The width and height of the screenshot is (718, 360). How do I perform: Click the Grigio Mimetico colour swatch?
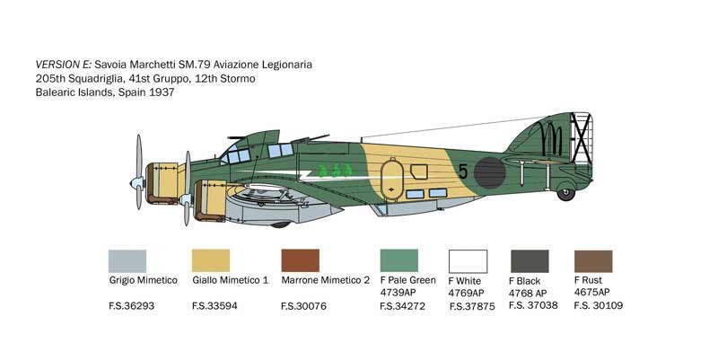(x=127, y=261)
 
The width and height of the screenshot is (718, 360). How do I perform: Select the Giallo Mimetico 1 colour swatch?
(x=211, y=260)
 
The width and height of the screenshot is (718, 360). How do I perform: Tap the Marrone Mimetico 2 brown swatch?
(x=301, y=260)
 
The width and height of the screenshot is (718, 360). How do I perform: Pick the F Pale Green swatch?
(x=399, y=260)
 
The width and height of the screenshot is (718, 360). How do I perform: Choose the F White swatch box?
(x=468, y=261)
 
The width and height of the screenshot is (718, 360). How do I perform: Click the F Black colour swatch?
(x=530, y=261)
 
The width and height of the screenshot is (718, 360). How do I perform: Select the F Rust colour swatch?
(x=593, y=261)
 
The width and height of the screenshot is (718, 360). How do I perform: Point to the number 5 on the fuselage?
(x=463, y=171)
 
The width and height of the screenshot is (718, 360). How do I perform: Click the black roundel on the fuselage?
(x=489, y=172)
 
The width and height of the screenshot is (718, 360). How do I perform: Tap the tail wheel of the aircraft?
(x=566, y=194)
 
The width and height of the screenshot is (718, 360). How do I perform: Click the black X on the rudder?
(x=581, y=138)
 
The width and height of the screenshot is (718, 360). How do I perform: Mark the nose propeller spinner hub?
(x=137, y=183)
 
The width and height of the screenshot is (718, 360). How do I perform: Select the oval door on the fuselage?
(x=392, y=179)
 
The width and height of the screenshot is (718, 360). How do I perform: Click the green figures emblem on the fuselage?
(x=336, y=171)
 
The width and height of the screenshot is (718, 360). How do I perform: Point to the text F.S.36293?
(x=132, y=306)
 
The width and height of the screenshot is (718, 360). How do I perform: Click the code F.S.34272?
(x=402, y=306)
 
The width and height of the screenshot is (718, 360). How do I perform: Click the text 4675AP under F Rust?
(x=592, y=292)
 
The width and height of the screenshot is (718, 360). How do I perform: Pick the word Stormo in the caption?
(x=238, y=78)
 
